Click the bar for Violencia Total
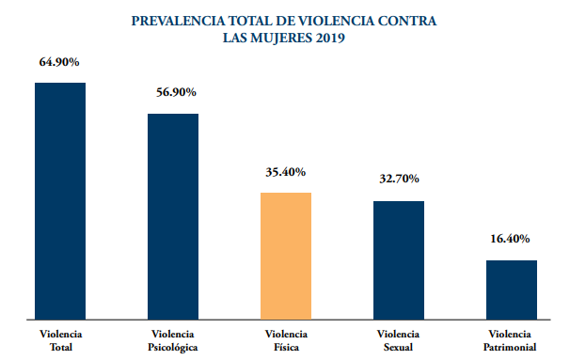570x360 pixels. point(60,201)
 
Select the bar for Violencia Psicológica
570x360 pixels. point(173,217)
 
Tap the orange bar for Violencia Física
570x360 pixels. point(286,256)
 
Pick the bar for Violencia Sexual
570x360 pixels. point(399,260)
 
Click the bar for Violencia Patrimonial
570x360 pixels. point(512,290)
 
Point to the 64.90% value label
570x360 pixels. point(59,62)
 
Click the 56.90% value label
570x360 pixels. point(176,92)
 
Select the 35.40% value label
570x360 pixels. point(286,172)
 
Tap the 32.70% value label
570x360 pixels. point(399,179)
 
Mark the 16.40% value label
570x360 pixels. point(510,239)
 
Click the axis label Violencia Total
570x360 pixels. point(61,340)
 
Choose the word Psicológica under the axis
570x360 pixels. point(173,348)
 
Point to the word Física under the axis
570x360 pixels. point(287,347)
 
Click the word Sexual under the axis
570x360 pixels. point(399,347)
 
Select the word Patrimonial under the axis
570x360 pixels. point(510,347)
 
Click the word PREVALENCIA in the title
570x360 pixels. point(178,21)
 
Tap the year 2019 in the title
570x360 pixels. point(330,38)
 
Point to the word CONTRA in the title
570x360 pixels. point(407,21)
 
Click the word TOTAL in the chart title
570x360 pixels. point(250,21)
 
